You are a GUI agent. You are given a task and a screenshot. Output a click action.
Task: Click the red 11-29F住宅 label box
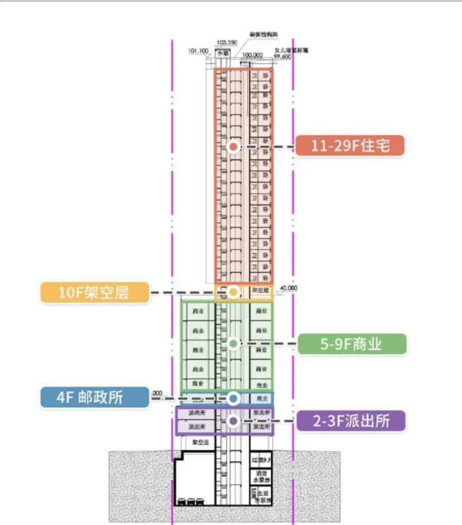click(349, 146)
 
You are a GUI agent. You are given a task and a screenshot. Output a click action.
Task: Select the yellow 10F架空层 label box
click(94, 293)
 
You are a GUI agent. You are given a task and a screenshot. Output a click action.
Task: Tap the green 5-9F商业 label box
click(351, 344)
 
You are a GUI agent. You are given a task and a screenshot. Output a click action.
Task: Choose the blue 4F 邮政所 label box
click(94, 397)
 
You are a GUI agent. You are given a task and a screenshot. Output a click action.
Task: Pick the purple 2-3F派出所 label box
click(351, 421)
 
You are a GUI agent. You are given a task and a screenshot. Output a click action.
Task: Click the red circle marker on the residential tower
click(233, 147)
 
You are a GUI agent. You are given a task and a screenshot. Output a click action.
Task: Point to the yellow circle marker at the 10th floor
click(233, 292)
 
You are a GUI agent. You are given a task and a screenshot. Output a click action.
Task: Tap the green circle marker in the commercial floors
click(233, 343)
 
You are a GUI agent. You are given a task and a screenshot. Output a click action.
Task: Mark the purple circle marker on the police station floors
click(233, 421)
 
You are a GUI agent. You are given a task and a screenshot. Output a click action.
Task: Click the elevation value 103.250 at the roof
click(227, 42)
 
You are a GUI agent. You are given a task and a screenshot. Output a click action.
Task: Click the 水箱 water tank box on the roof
click(223, 53)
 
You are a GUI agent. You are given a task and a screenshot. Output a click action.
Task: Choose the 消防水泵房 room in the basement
click(261, 477)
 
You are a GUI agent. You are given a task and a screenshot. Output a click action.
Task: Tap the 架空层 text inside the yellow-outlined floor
click(261, 290)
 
